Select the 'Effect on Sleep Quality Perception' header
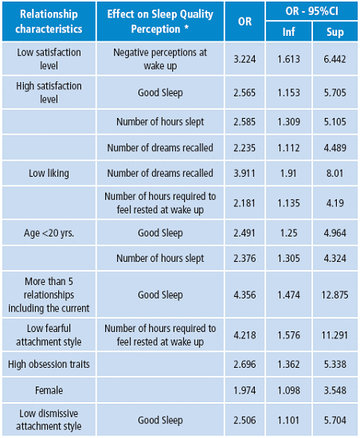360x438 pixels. pos(160,22)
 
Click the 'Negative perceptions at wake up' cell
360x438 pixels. pos(160,58)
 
